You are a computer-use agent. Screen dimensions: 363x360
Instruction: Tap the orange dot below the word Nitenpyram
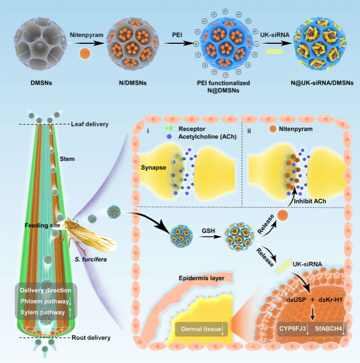click(84, 53)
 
